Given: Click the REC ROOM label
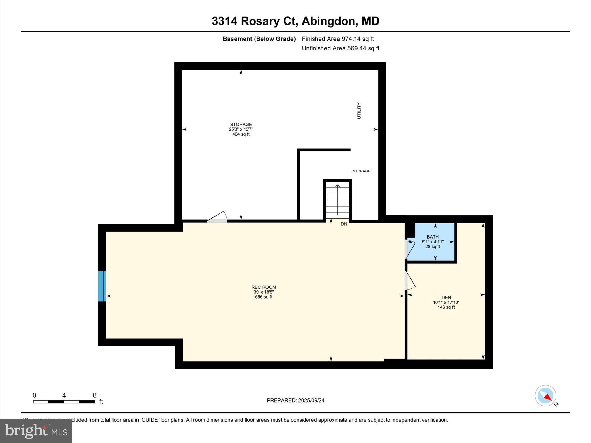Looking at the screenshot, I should pyautogui.click(x=263, y=287).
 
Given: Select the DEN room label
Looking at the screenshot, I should pyautogui.click(x=446, y=297).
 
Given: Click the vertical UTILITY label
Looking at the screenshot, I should pyautogui.click(x=359, y=110).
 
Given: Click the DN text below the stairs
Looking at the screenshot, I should pyautogui.click(x=344, y=224).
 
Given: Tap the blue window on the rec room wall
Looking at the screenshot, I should pyautogui.click(x=102, y=286).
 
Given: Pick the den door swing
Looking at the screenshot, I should pyautogui.click(x=410, y=280).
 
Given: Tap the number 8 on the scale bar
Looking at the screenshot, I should pyautogui.click(x=95, y=395).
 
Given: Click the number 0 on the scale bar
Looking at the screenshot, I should pyautogui.click(x=34, y=395).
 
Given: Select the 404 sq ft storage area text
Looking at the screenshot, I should pyautogui.click(x=241, y=134).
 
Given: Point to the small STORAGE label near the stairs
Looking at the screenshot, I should pyautogui.click(x=361, y=171).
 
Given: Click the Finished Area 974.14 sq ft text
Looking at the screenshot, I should pyautogui.click(x=338, y=39).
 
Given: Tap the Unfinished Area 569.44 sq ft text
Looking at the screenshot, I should pyautogui.click(x=341, y=48).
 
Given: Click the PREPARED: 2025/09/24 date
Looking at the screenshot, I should pyautogui.click(x=295, y=400).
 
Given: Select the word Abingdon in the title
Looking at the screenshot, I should pyautogui.click(x=328, y=21).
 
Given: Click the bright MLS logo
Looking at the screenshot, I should pyautogui.click(x=36, y=431).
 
